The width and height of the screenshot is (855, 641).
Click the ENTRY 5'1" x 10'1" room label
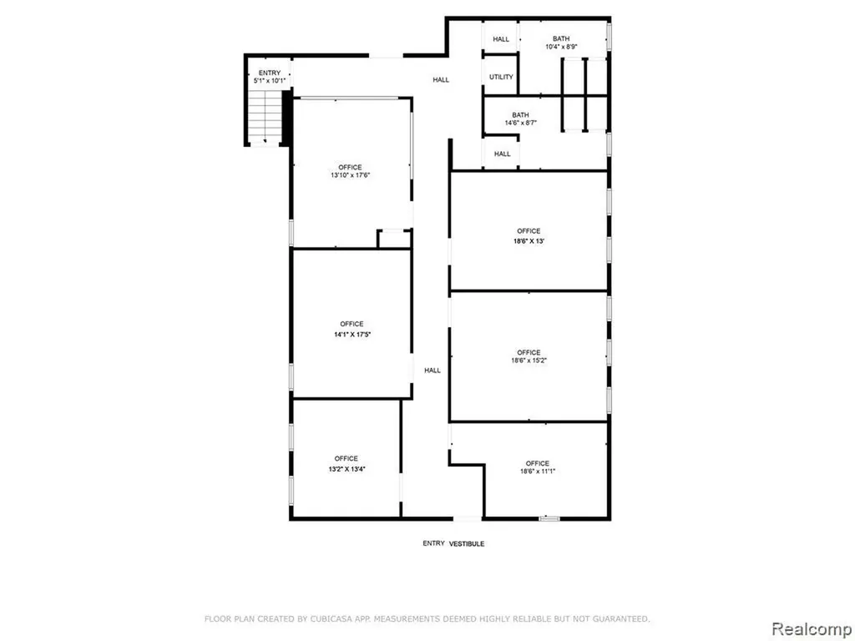pos(270,76)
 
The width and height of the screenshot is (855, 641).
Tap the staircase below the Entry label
pos(265,117)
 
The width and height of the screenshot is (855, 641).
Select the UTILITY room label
pos(501,77)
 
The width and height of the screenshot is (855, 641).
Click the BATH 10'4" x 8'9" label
pos(561,43)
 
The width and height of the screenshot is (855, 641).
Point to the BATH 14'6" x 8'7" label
pos(520,119)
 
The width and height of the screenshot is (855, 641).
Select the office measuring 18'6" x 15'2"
pos(529,356)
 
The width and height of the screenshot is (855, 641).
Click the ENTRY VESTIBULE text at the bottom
pos(453,543)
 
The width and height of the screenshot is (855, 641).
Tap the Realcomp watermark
pos(812,628)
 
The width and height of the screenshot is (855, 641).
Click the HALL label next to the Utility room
pos(441,79)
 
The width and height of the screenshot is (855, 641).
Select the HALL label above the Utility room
pos(501,39)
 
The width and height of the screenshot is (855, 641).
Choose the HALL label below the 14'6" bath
pos(502,154)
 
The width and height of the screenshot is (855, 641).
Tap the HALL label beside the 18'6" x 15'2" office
pos(433,371)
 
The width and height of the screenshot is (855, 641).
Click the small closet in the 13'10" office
pos(394,239)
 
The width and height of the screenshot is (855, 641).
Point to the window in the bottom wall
pos(549,518)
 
